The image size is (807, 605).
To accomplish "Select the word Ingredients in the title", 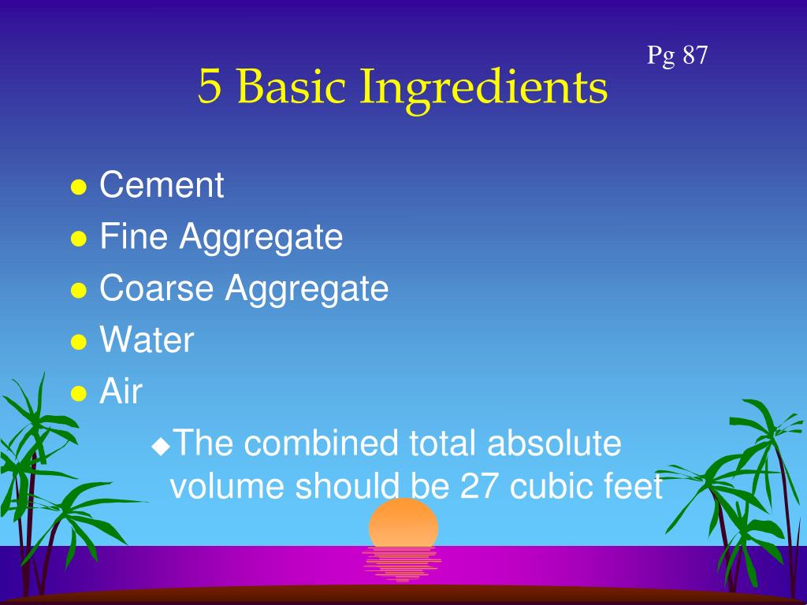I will pyautogui.click(x=484, y=88).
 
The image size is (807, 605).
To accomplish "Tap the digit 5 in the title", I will pyautogui.click(x=209, y=87).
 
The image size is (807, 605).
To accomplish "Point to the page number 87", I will pyautogui.click(x=695, y=55).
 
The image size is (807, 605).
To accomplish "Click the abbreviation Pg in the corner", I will pyautogui.click(x=661, y=57).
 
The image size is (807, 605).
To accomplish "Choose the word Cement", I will pyautogui.click(x=162, y=186).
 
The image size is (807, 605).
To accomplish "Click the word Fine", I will pyautogui.click(x=133, y=237).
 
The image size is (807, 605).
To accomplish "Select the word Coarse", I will pyautogui.click(x=157, y=288).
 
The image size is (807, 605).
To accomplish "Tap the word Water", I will pyautogui.click(x=147, y=340).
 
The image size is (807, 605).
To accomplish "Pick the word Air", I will pyautogui.click(x=121, y=392).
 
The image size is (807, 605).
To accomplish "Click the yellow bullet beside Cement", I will pyautogui.click(x=78, y=187).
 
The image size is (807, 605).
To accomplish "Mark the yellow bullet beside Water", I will pyautogui.click(x=78, y=342).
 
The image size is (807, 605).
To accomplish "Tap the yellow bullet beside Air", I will pyautogui.click(x=78, y=393).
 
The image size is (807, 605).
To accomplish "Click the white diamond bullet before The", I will pyautogui.click(x=161, y=446).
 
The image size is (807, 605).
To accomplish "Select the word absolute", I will pyautogui.click(x=554, y=444).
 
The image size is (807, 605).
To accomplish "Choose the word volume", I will pyautogui.click(x=228, y=488).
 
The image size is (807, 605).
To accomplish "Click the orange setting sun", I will pyautogui.click(x=403, y=522).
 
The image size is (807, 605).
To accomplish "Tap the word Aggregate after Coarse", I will pyautogui.click(x=307, y=290).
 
